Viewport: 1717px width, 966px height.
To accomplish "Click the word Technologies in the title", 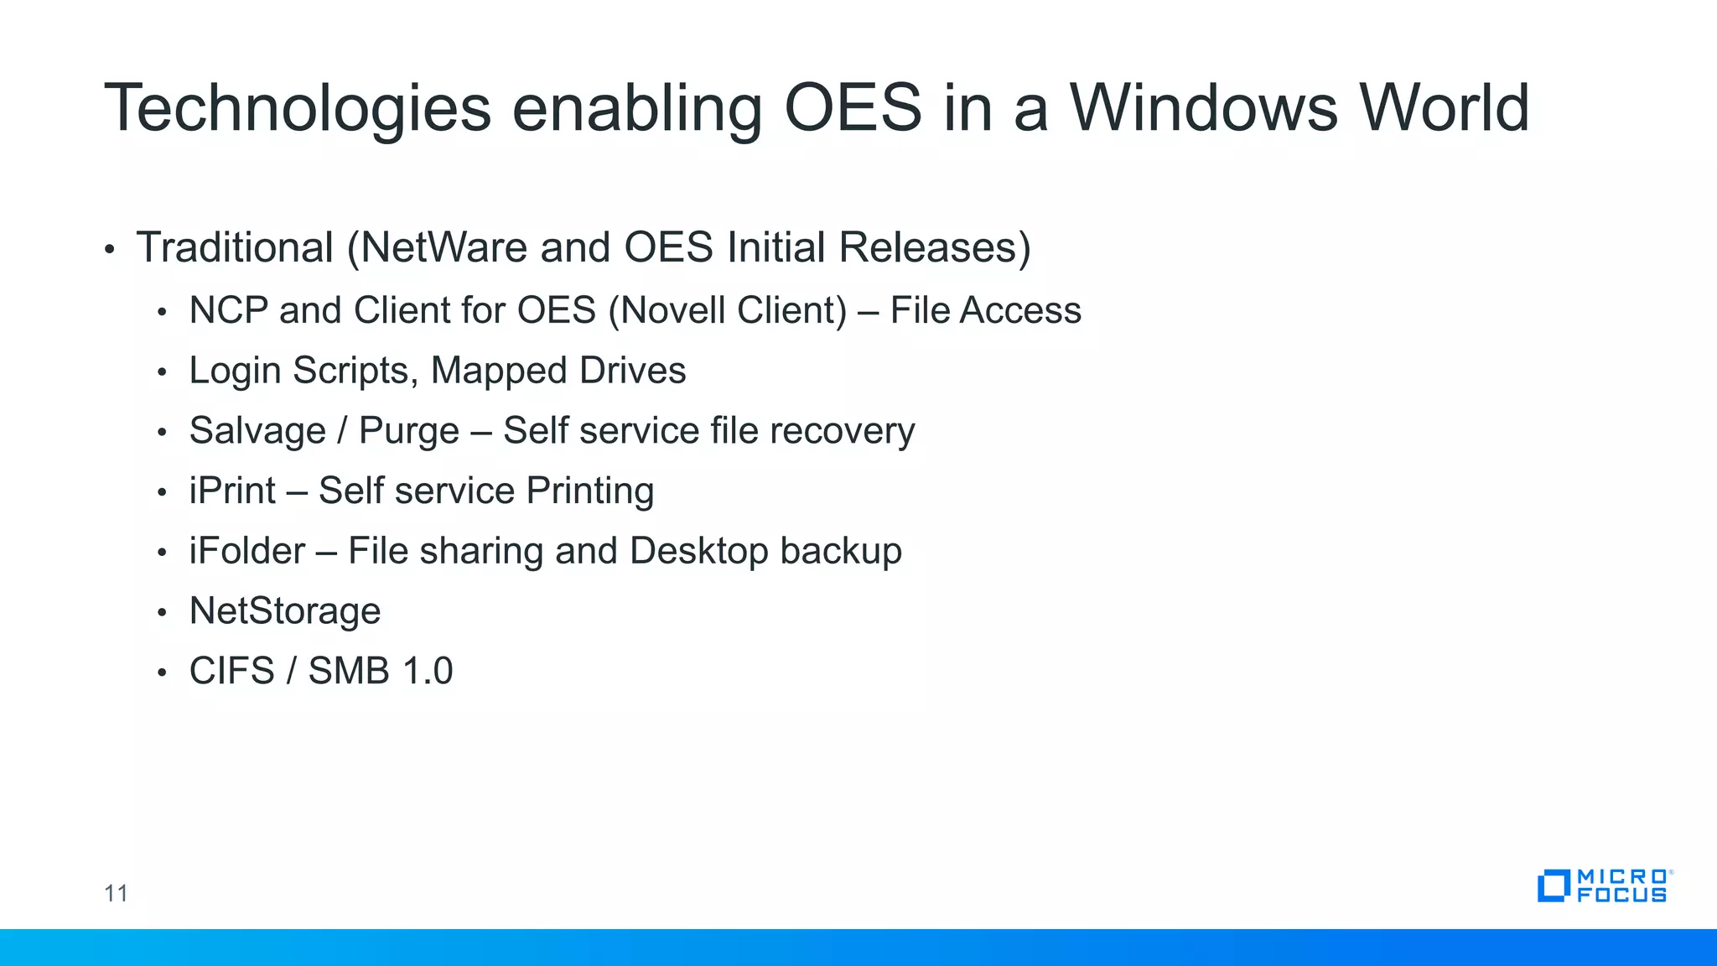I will [x=298, y=109].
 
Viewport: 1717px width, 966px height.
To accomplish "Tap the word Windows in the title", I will [x=1203, y=109].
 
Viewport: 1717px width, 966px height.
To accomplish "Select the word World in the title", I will [x=1444, y=109].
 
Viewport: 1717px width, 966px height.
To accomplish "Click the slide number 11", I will [x=116, y=893].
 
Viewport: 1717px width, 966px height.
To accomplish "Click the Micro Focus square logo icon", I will [x=1554, y=886].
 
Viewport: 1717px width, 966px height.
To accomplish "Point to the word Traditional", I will [x=235, y=247].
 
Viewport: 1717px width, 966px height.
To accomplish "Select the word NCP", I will [x=228, y=310].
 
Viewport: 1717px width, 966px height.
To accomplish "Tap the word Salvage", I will [x=257, y=431].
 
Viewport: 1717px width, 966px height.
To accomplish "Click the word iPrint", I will [x=232, y=491].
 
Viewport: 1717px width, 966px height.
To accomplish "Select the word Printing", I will [x=589, y=491].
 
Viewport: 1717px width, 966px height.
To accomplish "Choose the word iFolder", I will [x=246, y=551].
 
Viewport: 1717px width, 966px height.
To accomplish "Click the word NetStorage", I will [x=285, y=611].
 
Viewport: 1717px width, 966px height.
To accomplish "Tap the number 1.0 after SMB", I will [x=428, y=671].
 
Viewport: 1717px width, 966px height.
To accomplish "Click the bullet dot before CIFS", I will [x=162, y=673].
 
